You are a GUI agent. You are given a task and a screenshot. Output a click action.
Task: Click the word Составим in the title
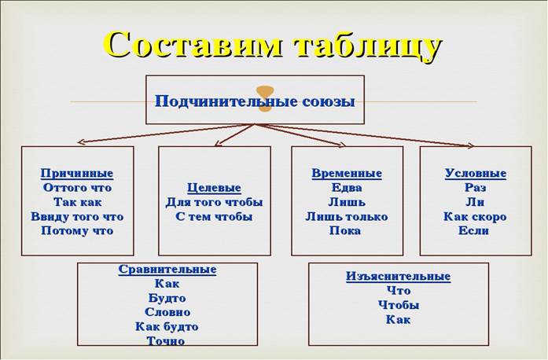193,44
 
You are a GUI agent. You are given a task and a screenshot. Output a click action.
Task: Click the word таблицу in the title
368,46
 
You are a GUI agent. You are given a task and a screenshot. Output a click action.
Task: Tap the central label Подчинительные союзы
255,101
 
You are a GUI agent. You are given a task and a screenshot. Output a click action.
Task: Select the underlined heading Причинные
77,174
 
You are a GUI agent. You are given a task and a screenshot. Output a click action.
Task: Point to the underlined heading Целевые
214,188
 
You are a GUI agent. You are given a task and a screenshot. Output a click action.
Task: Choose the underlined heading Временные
347,174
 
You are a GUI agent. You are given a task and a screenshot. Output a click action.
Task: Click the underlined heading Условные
476,174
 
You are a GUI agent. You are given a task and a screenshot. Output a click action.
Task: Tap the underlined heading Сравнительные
167,270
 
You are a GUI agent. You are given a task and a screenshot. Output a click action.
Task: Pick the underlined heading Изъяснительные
399,276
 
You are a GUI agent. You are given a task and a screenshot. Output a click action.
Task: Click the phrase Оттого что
77,188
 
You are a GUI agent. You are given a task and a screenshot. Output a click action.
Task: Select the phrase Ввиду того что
77,217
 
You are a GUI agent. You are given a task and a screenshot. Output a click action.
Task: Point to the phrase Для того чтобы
214,202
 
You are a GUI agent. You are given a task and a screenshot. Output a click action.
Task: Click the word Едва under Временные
347,188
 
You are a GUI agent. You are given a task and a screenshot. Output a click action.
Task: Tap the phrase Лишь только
347,217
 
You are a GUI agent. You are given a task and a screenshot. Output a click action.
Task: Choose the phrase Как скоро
475,217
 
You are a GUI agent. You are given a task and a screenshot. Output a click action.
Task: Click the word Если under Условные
473,230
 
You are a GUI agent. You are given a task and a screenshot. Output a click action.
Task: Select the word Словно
167,312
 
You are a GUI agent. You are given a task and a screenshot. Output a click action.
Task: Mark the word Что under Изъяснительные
399,291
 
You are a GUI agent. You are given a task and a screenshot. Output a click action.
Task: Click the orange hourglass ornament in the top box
264,99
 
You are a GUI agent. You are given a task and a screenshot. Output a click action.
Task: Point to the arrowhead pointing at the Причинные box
81,142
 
